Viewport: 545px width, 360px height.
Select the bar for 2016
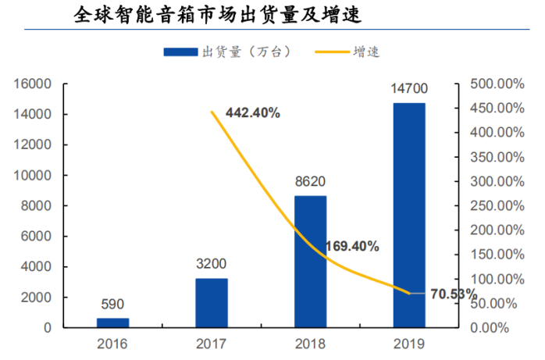coord(112,323)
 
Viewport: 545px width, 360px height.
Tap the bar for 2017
coord(212,302)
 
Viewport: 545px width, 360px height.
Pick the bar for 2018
coord(310,261)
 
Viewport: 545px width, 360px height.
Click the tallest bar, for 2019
coord(409,215)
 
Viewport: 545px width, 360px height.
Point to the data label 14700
coord(409,90)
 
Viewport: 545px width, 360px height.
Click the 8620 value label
coord(310,183)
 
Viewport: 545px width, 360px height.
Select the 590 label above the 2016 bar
coord(112,305)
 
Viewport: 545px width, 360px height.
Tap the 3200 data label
coord(212,265)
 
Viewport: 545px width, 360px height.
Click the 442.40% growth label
coord(252,113)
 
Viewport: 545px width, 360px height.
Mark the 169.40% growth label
coord(351,247)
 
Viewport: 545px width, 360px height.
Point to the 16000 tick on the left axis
coord(35,84)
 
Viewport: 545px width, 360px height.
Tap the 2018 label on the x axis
coord(310,344)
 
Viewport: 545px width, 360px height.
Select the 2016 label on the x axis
coord(112,344)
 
